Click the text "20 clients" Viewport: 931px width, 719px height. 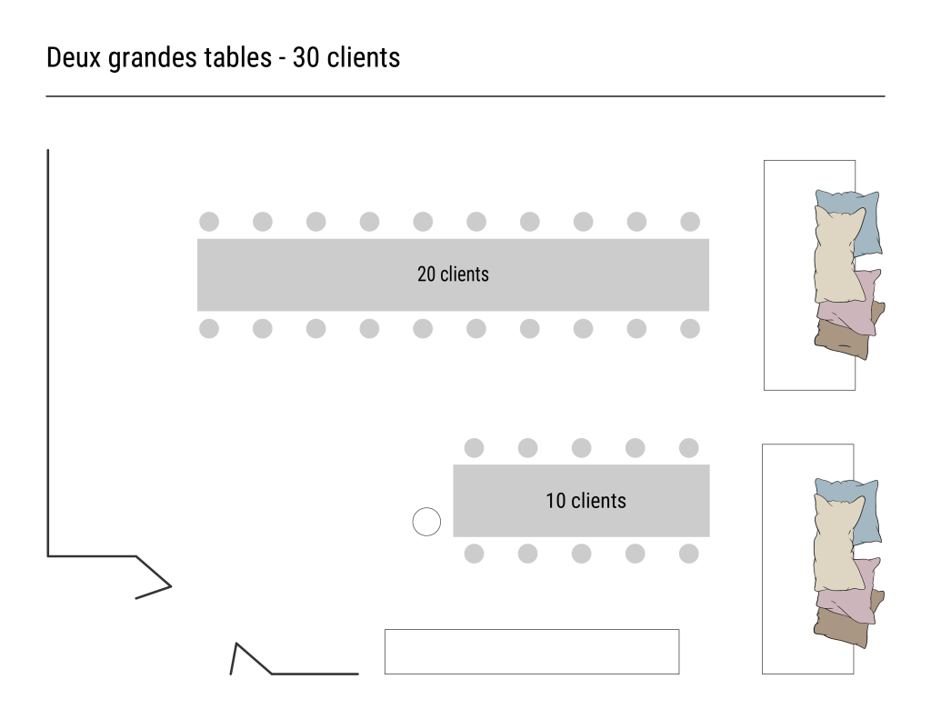click(453, 274)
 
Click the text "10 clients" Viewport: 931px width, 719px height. click(586, 500)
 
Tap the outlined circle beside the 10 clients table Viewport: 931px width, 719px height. click(426, 522)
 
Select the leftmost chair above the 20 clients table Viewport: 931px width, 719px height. click(209, 222)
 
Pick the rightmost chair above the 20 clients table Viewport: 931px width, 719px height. click(690, 222)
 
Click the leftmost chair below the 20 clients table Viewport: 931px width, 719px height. click(209, 328)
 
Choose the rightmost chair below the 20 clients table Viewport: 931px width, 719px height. click(690, 328)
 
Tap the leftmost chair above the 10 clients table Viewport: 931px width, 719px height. click(474, 448)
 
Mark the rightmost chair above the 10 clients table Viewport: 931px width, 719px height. click(688, 448)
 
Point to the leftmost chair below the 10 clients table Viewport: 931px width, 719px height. click(474, 554)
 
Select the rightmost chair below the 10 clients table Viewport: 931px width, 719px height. click(688, 554)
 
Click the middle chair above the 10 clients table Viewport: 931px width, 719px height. click(581, 448)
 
